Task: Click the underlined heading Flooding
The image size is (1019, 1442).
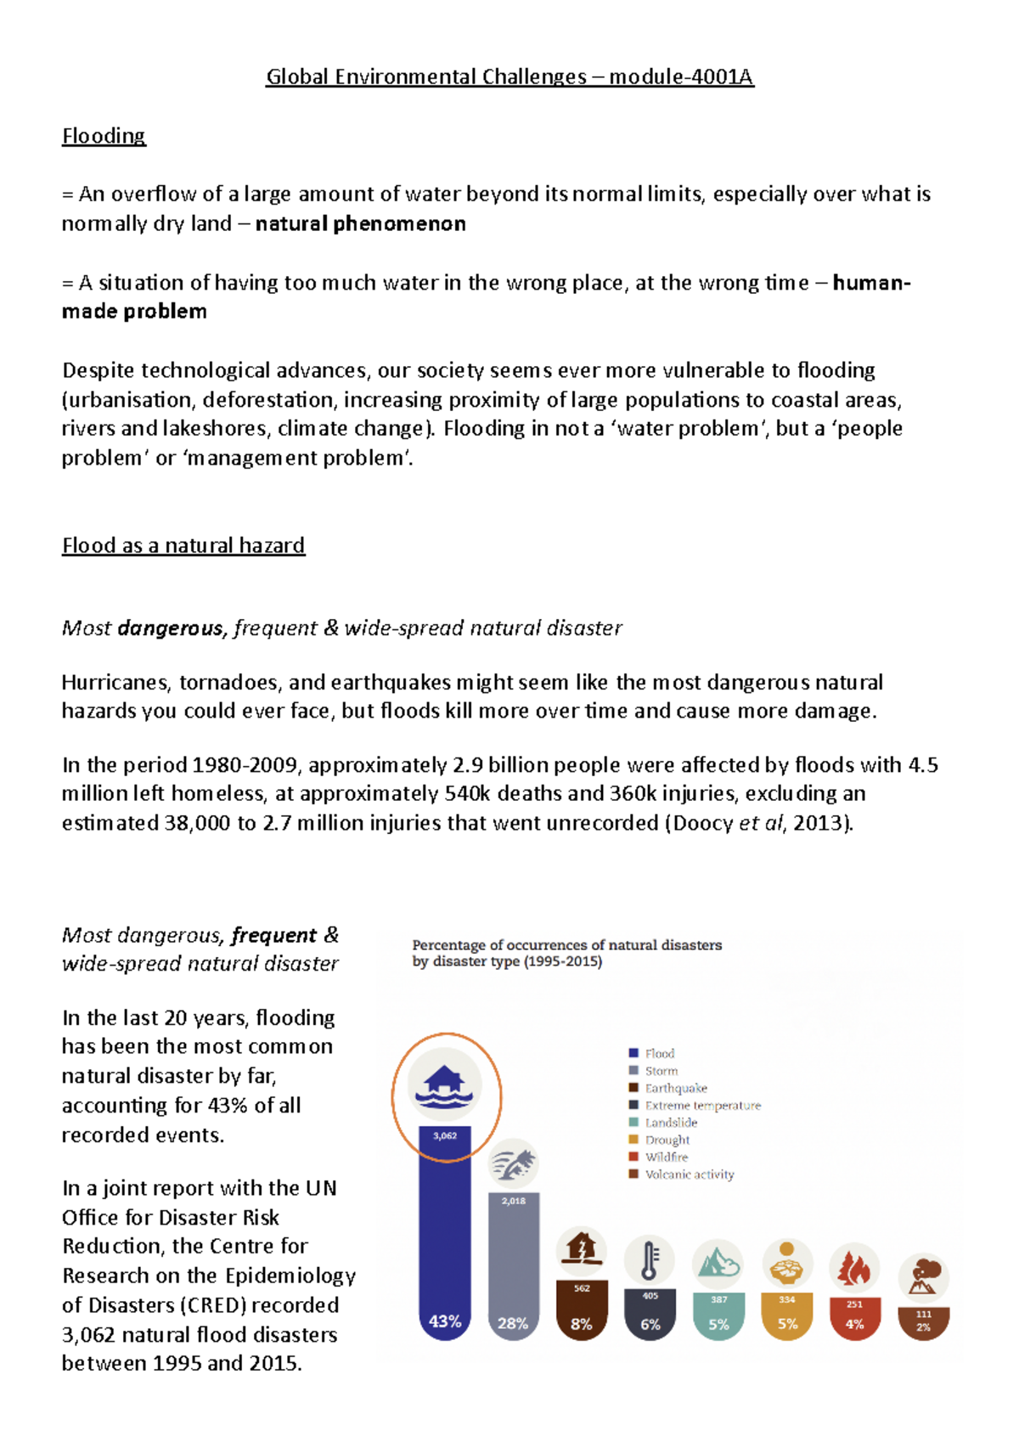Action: pos(104,136)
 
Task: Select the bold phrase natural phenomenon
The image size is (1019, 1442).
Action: pos(360,224)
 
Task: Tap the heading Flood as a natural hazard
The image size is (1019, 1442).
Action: pos(183,545)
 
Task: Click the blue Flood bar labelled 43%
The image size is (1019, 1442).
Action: pos(445,1257)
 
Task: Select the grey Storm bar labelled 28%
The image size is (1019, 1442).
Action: pos(513,1274)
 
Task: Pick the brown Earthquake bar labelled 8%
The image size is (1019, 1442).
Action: pos(582,1312)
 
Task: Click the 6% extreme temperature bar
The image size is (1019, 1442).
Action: pos(650,1315)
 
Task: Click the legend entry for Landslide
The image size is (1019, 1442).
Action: pos(670,1123)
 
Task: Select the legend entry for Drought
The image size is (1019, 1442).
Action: pos(667,1140)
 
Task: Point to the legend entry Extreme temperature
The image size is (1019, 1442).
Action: pos(701,1106)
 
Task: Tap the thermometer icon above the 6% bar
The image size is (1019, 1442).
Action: pos(650,1259)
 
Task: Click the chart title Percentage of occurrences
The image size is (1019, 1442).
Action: pos(566,945)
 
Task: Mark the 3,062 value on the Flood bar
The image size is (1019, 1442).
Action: pos(445,1135)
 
